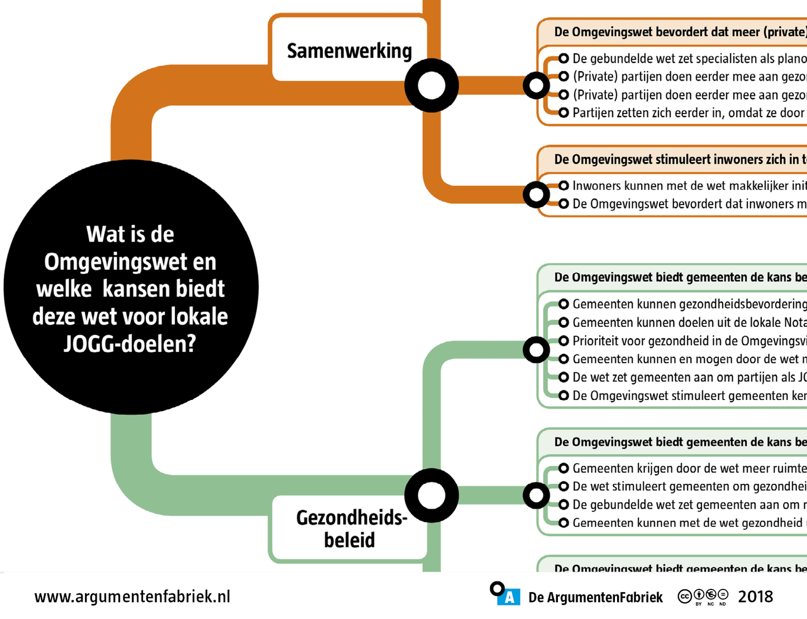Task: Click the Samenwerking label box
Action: (x=349, y=50)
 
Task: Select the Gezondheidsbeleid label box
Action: (x=350, y=528)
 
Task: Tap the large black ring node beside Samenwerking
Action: (x=432, y=85)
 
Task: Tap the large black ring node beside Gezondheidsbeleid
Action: (x=432, y=496)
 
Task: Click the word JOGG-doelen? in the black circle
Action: (x=130, y=344)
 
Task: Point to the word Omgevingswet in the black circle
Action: (x=130, y=261)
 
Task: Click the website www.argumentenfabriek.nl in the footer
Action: (x=132, y=597)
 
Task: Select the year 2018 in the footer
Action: (x=755, y=597)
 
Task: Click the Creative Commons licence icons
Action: (x=703, y=597)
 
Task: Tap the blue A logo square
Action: (x=509, y=597)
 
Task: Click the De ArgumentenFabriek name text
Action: (x=595, y=597)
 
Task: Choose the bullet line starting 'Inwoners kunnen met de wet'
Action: (x=688, y=185)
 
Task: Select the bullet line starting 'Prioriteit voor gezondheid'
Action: (x=688, y=341)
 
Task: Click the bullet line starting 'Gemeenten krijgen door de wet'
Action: (x=688, y=468)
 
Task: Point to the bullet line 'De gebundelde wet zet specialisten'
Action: (x=688, y=59)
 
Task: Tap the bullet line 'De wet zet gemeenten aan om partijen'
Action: (x=688, y=377)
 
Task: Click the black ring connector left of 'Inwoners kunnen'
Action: (x=536, y=194)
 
